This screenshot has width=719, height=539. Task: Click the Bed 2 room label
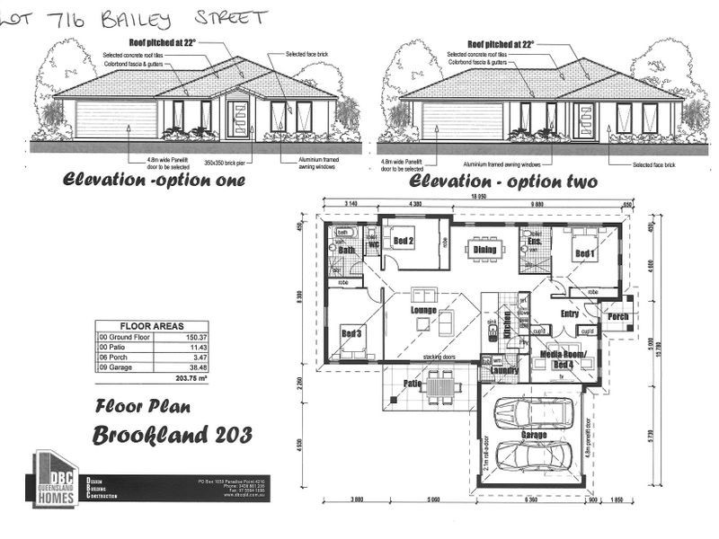coord(403,242)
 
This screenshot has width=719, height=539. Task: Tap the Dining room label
coord(484,250)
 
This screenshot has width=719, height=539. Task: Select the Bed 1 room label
coord(586,253)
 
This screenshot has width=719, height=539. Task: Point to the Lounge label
coord(423,311)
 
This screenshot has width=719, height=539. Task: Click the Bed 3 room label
coord(351,333)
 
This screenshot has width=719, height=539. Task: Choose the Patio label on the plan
coord(413,384)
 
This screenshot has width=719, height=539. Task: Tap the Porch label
coord(618,316)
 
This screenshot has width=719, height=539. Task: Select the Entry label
coord(569,314)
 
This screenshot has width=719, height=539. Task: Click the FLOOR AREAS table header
coord(152,327)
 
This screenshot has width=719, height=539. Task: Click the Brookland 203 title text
coord(173,436)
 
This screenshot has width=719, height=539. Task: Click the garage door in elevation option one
coord(103,119)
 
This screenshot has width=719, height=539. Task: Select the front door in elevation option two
coord(583,120)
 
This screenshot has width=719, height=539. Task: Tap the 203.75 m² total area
coord(185,378)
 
